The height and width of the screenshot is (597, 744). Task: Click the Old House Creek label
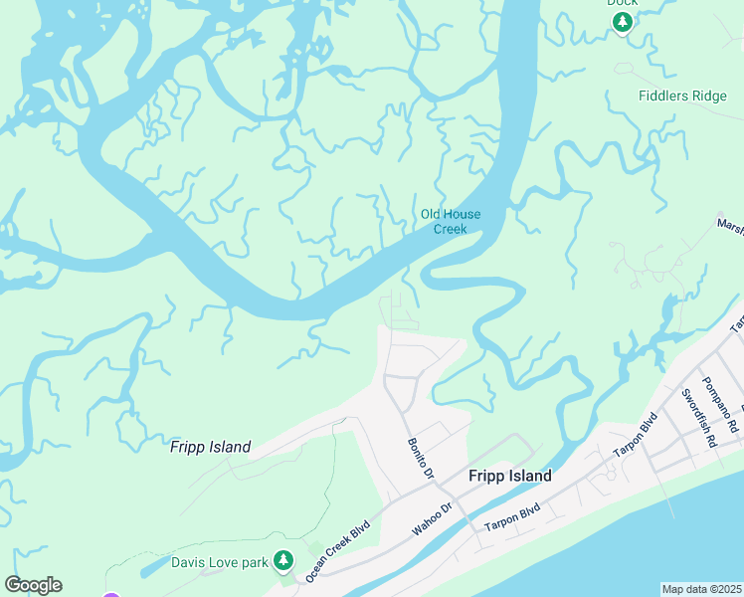point(451,222)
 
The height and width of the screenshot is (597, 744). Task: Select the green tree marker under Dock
point(622,22)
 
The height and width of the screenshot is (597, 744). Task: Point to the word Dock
point(622,3)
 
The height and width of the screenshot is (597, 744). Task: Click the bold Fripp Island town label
point(509,477)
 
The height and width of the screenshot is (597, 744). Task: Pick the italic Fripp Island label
point(210,447)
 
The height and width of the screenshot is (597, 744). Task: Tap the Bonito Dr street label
point(421,458)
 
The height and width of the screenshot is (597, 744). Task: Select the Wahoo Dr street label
point(432,519)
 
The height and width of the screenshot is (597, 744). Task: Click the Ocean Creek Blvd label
point(338,549)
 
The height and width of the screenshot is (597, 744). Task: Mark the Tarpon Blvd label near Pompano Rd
point(636,435)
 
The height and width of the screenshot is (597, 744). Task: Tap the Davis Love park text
point(219,563)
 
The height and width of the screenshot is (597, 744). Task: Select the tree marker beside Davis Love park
point(283,561)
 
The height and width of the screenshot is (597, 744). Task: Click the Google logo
point(33,585)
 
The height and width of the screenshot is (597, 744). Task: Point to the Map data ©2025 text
point(701,589)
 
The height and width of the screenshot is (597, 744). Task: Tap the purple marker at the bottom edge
point(111,595)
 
